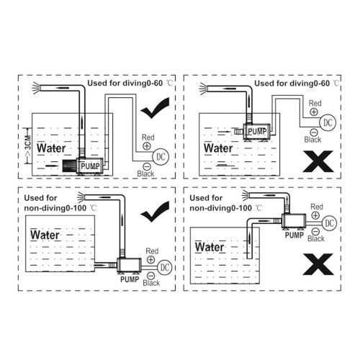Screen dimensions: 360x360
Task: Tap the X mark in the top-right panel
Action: tap(318, 161)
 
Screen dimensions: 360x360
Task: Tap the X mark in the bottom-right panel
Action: tap(318, 264)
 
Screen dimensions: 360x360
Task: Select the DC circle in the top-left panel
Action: tap(161, 157)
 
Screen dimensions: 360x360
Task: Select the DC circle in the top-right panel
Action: tap(328, 122)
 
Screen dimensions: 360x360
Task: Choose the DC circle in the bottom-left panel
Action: tap(165, 267)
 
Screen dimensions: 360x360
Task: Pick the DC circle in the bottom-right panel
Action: tap(329, 223)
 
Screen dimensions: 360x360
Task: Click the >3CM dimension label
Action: tap(28, 146)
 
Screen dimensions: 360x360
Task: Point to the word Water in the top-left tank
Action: tap(51, 148)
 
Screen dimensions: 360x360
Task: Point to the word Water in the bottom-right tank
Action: tap(210, 247)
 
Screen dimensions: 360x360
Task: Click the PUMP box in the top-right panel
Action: tap(257, 132)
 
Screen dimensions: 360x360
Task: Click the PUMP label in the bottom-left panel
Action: tap(130, 279)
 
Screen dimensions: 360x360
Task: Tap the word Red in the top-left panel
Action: tap(148, 138)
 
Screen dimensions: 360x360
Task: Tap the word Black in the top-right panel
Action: tap(312, 140)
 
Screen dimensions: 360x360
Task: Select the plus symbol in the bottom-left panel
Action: tap(150, 260)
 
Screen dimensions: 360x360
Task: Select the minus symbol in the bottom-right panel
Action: tap(315, 232)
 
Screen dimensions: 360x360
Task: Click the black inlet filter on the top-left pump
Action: tap(69, 166)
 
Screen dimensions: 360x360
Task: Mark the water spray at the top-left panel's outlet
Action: tap(36, 88)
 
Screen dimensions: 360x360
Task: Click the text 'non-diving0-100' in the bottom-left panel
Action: tap(55, 208)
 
